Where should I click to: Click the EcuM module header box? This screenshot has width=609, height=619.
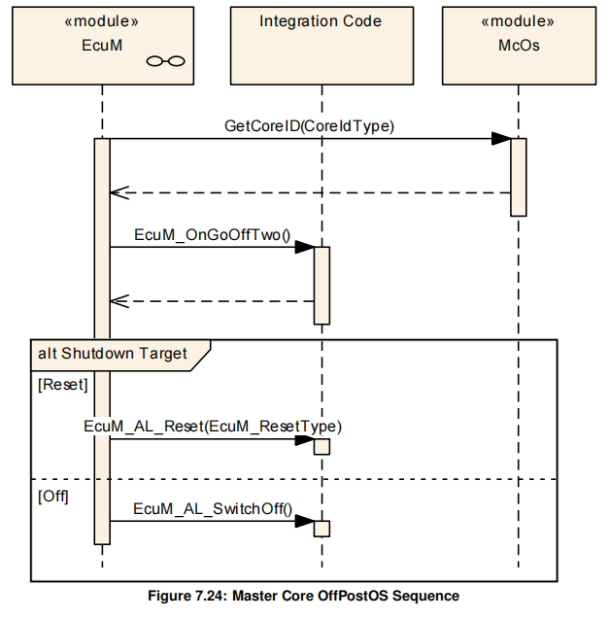(101, 45)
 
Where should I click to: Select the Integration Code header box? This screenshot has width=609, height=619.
(321, 45)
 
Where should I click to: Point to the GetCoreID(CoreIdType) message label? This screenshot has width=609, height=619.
(309, 125)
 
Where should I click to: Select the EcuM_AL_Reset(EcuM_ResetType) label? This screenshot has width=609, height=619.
(213, 426)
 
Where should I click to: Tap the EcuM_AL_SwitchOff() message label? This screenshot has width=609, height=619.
(213, 507)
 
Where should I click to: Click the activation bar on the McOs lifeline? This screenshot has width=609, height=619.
(519, 176)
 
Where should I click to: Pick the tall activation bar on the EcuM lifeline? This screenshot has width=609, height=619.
(102, 340)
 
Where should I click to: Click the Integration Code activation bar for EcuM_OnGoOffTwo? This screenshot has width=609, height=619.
(321, 284)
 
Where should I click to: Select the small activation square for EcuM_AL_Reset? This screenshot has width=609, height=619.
(321, 446)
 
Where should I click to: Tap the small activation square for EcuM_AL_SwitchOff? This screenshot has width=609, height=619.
(321, 528)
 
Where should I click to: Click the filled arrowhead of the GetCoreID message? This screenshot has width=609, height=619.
(500, 139)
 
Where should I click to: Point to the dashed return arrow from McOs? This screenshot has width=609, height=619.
(311, 192)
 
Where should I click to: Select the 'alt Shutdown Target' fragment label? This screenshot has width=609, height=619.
(113, 353)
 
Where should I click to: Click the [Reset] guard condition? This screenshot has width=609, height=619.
(62, 384)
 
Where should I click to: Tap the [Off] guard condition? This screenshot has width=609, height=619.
(53, 495)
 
